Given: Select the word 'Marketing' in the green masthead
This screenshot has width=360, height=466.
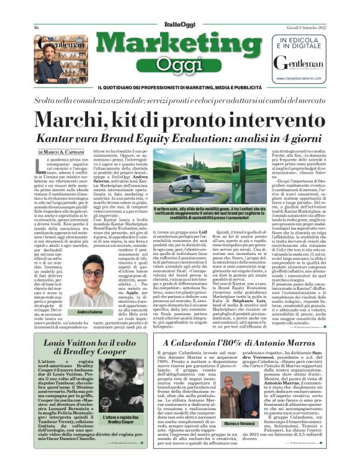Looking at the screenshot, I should coord(180,45).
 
